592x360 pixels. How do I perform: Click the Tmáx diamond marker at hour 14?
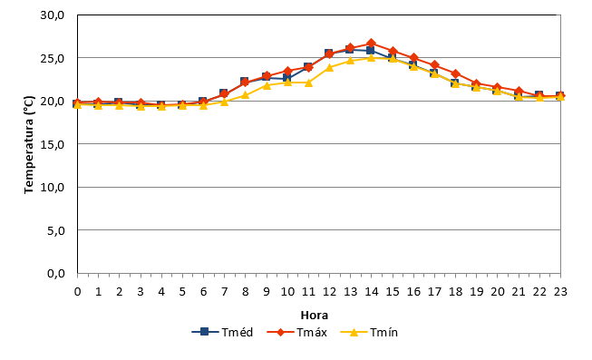pyautogui.click(x=371, y=43)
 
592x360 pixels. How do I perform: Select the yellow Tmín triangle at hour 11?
pyautogui.click(x=308, y=83)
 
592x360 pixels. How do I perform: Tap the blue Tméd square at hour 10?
pyautogui.click(x=287, y=78)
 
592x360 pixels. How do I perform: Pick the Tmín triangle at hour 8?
pyautogui.click(x=245, y=95)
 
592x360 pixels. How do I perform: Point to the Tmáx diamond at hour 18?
pyautogui.click(x=455, y=73)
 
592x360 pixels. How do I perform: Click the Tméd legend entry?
pyautogui.click(x=222, y=333)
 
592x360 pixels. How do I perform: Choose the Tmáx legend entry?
pyautogui.click(x=296, y=333)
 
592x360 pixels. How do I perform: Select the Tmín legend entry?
pyautogui.click(x=369, y=333)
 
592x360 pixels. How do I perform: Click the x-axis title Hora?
pyautogui.click(x=314, y=315)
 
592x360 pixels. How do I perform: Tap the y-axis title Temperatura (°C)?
pyautogui.click(x=29, y=145)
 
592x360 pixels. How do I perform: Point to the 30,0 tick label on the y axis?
pyautogui.click(x=53, y=15)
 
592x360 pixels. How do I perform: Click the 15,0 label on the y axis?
pyautogui.click(x=53, y=144)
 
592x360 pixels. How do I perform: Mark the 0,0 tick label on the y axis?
pyautogui.click(x=56, y=273)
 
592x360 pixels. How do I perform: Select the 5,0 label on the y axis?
pyautogui.click(x=56, y=230)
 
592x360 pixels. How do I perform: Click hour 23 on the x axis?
pyautogui.click(x=560, y=292)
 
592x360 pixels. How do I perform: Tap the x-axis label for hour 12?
pyautogui.click(x=329, y=292)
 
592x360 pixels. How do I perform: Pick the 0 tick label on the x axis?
pyautogui.click(x=77, y=292)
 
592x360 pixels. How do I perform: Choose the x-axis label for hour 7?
pyautogui.click(x=224, y=292)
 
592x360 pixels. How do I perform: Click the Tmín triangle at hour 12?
pyautogui.click(x=329, y=68)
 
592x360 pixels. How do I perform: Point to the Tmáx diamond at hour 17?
pyautogui.click(x=434, y=65)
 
